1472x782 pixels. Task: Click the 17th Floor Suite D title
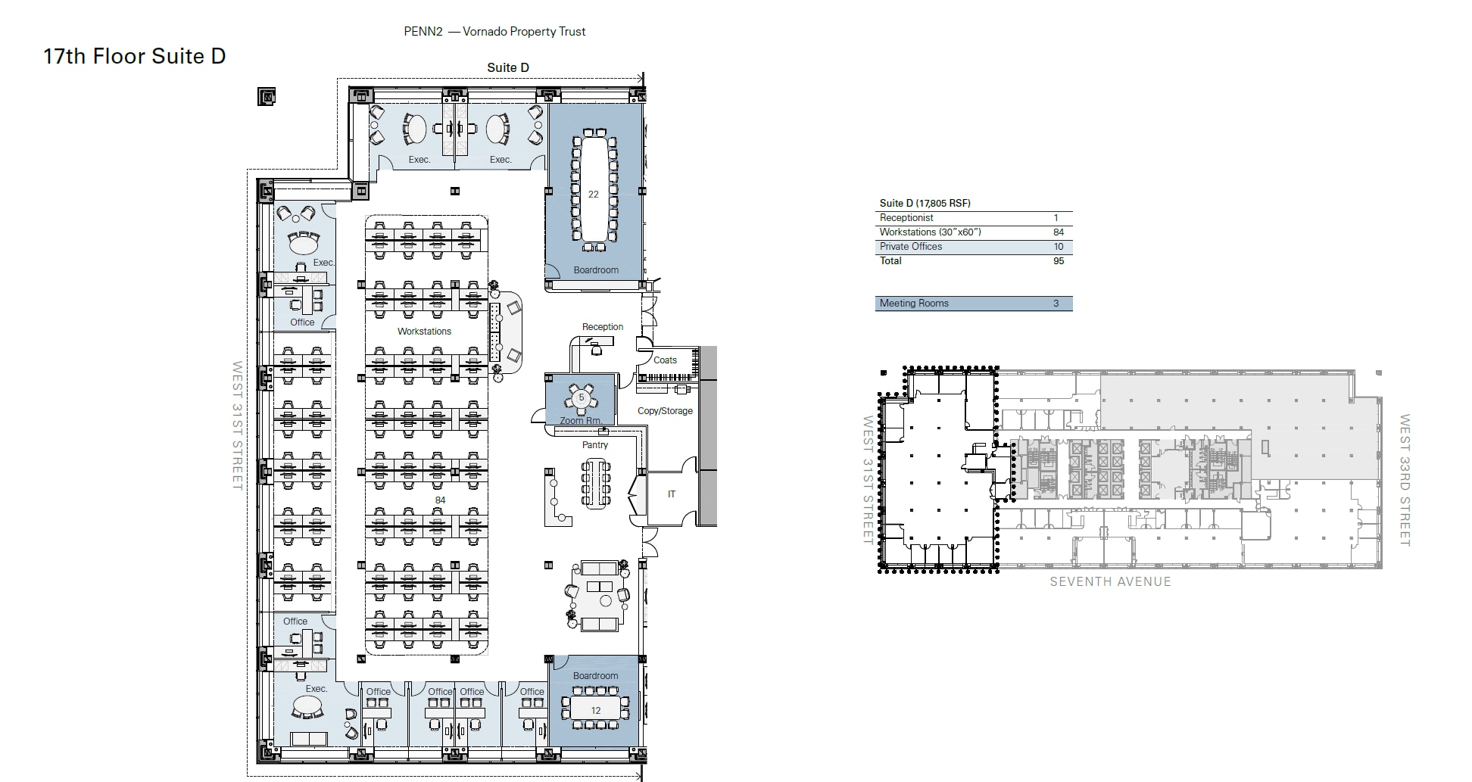pos(134,57)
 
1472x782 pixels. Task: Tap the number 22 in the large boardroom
pos(593,195)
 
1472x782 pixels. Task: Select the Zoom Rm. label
pos(581,420)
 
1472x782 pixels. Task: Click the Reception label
pos(602,327)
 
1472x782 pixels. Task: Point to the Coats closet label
pos(665,360)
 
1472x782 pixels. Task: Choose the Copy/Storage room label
pos(665,411)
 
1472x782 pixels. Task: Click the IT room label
pos(671,494)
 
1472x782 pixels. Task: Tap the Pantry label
pos(594,445)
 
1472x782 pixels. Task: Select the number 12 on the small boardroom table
pos(595,710)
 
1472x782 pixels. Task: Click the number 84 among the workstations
pos(440,500)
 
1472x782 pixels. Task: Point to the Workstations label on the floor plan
pos(424,332)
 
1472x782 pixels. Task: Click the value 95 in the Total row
pos(1058,261)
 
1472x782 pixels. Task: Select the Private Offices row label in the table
pos(911,247)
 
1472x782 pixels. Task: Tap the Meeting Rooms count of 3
pos(1056,304)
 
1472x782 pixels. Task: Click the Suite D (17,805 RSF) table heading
pos(925,203)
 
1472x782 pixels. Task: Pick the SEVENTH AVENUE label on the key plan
pos(1109,581)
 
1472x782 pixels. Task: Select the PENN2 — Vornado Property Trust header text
pos(494,32)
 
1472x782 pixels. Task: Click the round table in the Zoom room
pos(582,397)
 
